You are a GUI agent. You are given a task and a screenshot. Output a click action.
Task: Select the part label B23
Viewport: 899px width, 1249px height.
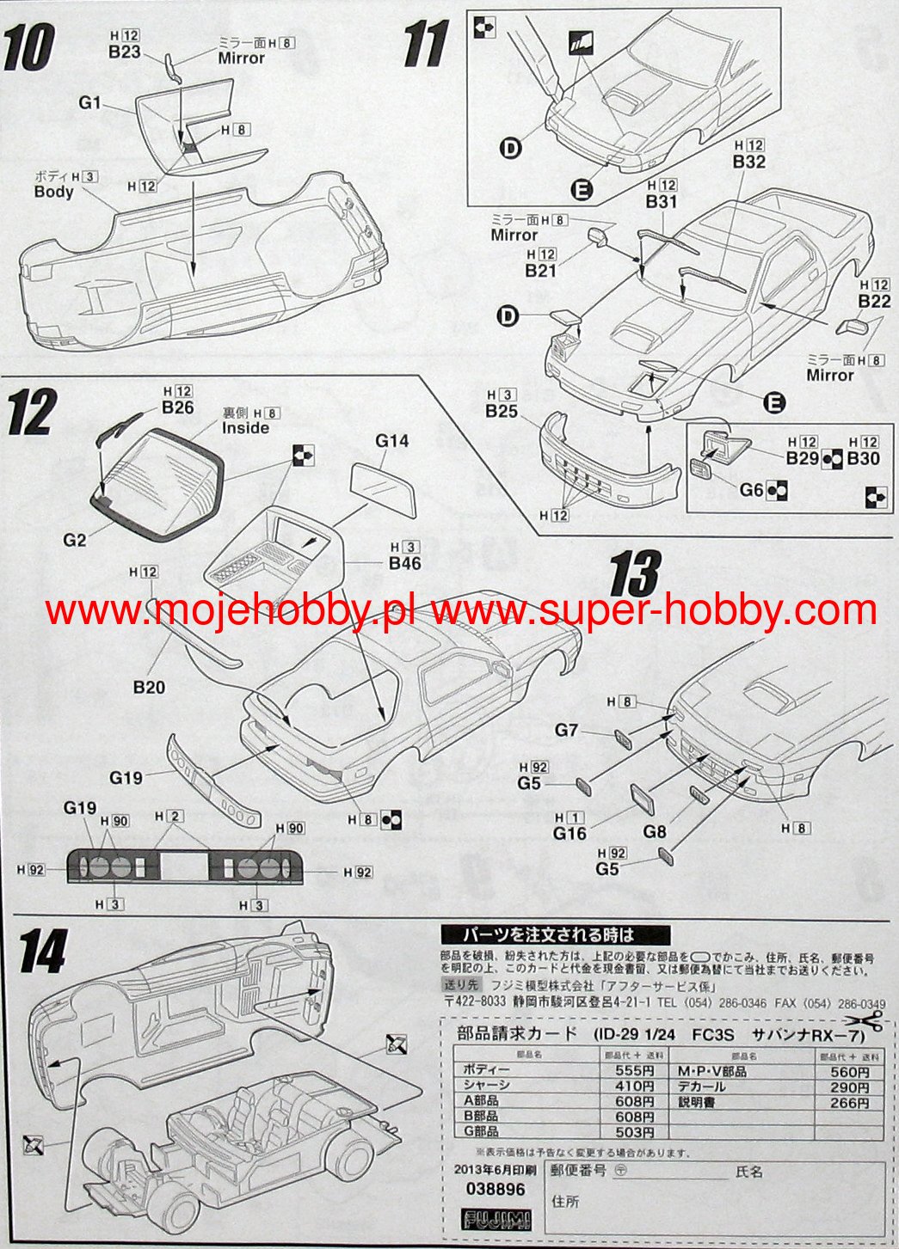coord(124,52)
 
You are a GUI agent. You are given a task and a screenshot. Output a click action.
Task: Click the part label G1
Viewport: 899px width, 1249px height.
coord(89,103)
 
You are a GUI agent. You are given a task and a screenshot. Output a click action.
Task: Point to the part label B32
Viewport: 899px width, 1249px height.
coord(749,162)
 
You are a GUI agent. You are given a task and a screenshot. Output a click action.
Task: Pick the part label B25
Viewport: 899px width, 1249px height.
coord(502,412)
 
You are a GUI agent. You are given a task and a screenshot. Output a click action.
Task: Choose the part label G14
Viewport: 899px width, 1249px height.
coord(391,441)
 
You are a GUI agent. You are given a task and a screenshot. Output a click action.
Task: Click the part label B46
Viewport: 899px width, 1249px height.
coord(404,564)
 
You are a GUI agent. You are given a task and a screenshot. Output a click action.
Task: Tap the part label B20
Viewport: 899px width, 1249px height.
coord(149,687)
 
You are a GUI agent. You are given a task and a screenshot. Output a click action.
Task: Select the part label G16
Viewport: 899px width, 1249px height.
coord(570,833)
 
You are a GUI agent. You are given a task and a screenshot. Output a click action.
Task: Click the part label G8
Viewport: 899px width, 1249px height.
coord(655,831)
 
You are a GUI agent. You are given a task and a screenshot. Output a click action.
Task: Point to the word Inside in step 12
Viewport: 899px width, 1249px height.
coord(245,428)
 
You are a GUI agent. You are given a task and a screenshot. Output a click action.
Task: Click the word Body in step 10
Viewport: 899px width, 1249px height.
coord(53,192)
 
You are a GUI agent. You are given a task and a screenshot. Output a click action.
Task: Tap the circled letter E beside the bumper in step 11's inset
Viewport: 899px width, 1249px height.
coord(581,189)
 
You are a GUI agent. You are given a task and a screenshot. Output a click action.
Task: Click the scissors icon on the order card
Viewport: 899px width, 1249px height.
coord(868,1022)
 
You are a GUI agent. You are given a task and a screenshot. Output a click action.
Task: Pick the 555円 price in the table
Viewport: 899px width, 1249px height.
coord(637,1071)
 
